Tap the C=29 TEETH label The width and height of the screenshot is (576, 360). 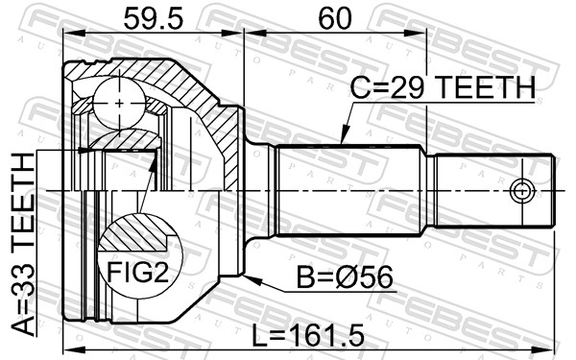pyautogui.click(x=443, y=88)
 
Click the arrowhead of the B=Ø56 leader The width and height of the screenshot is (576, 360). pyautogui.click(x=251, y=278)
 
